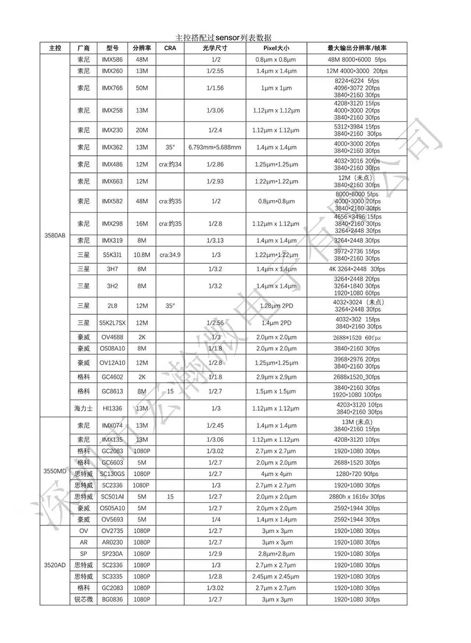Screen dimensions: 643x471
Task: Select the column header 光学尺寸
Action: pos(214,48)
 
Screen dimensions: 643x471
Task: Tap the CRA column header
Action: pos(170,48)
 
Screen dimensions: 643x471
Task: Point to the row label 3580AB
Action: pos(55,236)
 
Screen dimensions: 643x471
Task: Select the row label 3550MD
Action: pos(55,471)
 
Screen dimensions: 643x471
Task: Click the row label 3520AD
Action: pos(55,565)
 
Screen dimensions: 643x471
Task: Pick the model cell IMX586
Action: pos(112,59)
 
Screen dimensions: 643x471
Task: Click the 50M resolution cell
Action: pos(142,88)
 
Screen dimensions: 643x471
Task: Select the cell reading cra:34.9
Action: pos(170,255)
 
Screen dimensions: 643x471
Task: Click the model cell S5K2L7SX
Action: pos(112,323)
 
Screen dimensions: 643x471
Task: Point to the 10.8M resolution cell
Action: pos(142,255)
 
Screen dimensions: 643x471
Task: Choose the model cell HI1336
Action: pos(112,409)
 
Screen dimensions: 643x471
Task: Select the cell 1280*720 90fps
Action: pos(357,474)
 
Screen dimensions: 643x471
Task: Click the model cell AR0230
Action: pos(112,542)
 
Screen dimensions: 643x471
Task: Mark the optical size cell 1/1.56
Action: pos(214,88)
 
